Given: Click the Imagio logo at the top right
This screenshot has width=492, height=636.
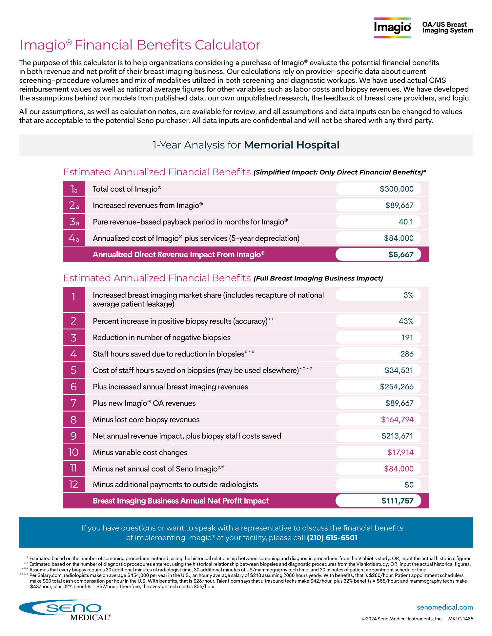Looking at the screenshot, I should [x=392, y=28].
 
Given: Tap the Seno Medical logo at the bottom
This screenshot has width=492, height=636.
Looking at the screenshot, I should [x=65, y=610].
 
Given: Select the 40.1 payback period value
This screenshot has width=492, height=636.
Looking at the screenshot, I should [x=406, y=222].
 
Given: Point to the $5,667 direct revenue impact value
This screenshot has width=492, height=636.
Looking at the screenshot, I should [x=400, y=255].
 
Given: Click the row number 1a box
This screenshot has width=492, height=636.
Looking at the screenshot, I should [x=74, y=189].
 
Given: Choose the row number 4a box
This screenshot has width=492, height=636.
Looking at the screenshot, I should [x=74, y=238].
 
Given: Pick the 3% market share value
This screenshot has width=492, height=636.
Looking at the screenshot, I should [x=408, y=295].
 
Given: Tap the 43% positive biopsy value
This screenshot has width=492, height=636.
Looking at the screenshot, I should [x=406, y=321].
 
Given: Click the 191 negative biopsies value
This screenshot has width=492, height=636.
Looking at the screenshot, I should [x=407, y=337].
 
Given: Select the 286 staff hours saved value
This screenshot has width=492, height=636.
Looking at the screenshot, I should [x=407, y=354].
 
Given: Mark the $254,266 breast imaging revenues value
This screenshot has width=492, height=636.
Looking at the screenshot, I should [x=397, y=387].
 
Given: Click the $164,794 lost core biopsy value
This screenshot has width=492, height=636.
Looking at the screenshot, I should [x=397, y=419].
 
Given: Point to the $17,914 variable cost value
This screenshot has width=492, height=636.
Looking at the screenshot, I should [x=400, y=453].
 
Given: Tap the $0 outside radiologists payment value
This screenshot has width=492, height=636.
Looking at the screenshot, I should [x=409, y=485].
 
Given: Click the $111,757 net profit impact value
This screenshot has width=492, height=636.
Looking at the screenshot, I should [x=397, y=501].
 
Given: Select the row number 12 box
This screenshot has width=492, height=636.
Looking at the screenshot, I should [x=74, y=484].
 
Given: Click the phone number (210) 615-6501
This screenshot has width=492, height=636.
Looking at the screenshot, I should [x=332, y=538].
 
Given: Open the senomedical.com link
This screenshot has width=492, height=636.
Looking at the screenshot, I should [x=444, y=607].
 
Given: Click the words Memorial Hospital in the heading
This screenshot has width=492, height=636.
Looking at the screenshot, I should [x=292, y=145].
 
